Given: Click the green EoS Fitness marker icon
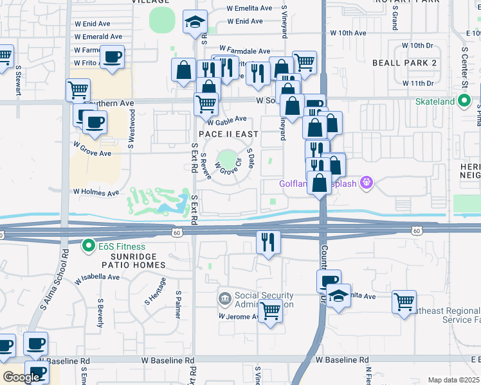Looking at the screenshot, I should pos(89,246).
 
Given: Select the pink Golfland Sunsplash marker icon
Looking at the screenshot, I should pos(367,183).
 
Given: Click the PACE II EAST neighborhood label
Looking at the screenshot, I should pos(228,134).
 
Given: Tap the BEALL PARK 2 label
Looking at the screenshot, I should pos(404,62).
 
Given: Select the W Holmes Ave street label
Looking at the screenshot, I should pos(96,192).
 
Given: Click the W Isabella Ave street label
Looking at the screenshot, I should pos(97,278).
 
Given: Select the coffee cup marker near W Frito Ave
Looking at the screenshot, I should pos(113,56).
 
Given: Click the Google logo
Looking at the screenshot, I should pos(21,377).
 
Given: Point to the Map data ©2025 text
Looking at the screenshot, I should pos(453,380).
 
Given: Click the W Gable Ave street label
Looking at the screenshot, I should pos(227,119).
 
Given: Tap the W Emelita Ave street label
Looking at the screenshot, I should pos(250,9).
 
